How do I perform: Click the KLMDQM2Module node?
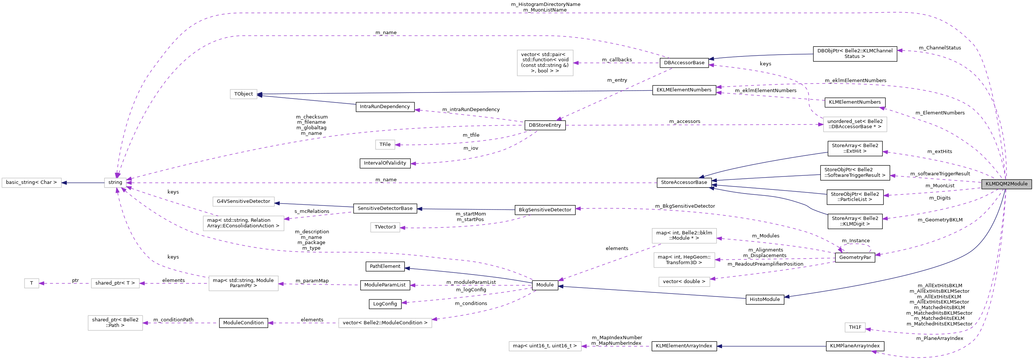pyautogui.click(x=1006, y=184)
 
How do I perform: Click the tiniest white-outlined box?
pyautogui.click(x=32, y=283)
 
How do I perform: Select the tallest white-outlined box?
pyautogui.click(x=545, y=63)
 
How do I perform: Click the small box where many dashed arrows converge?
pyautogui.click(x=115, y=183)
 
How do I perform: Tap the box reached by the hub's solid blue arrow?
pyautogui.click(x=31, y=183)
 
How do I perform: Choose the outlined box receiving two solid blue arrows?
pyautogui.click(x=243, y=94)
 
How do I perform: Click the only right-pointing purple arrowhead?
pyautogui.click(x=820, y=124)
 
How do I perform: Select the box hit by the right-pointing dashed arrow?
pyautogui.click(x=855, y=124)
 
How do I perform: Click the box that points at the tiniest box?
pyautogui.click(x=115, y=283)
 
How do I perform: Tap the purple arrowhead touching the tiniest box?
pyautogui.click(x=41, y=283)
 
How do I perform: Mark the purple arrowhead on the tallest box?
pyautogui.click(x=576, y=63)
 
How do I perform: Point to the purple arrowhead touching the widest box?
pyautogui.click(x=435, y=319)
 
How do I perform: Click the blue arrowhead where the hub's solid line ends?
pyautogui.click(x=64, y=183)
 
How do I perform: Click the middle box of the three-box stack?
pyautogui.click(x=684, y=260)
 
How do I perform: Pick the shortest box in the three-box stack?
pyautogui.click(x=684, y=282)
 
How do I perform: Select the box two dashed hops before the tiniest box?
pyautogui.click(x=243, y=283)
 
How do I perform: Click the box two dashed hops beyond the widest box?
pyautogui.click(x=115, y=323)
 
